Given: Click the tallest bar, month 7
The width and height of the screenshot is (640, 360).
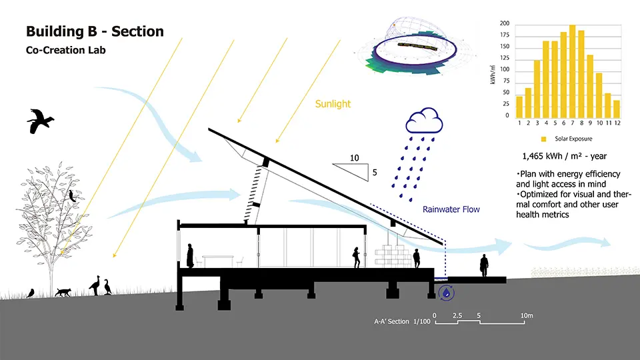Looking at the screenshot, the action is [x=572, y=72].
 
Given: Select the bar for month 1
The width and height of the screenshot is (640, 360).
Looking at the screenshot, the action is [x=519, y=107].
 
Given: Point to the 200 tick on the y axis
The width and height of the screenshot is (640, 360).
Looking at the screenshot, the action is [x=505, y=23].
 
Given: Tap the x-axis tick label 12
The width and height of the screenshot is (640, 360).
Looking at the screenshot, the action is [x=617, y=123].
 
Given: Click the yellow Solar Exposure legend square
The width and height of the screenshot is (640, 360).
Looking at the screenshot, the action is [x=543, y=139].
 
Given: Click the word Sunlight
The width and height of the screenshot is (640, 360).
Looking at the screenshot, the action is [x=333, y=104].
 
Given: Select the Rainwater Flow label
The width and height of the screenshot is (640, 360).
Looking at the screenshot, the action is [x=451, y=209].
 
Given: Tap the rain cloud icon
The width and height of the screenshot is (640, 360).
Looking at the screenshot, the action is [x=424, y=121].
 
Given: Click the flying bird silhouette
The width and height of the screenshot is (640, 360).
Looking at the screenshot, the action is [x=40, y=121].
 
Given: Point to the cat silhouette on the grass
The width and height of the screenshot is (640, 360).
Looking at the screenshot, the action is [x=63, y=292].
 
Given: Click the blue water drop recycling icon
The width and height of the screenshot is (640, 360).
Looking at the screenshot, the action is [x=447, y=293].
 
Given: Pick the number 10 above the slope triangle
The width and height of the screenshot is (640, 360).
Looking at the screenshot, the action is [x=354, y=158].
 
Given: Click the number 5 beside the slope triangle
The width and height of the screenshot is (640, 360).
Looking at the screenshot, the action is [x=375, y=173].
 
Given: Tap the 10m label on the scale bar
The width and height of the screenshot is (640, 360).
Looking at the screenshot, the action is [x=527, y=315].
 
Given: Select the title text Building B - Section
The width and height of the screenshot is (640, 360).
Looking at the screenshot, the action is [x=95, y=31].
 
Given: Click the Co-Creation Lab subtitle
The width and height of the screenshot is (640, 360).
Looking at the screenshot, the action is [x=66, y=50].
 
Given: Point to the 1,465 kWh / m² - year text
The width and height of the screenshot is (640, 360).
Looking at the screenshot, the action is [x=565, y=156].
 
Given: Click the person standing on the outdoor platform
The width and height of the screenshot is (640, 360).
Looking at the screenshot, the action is [x=484, y=265].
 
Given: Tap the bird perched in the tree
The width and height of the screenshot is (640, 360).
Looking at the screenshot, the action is [x=72, y=196].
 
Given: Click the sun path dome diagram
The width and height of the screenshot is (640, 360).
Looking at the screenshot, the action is [x=415, y=47].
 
